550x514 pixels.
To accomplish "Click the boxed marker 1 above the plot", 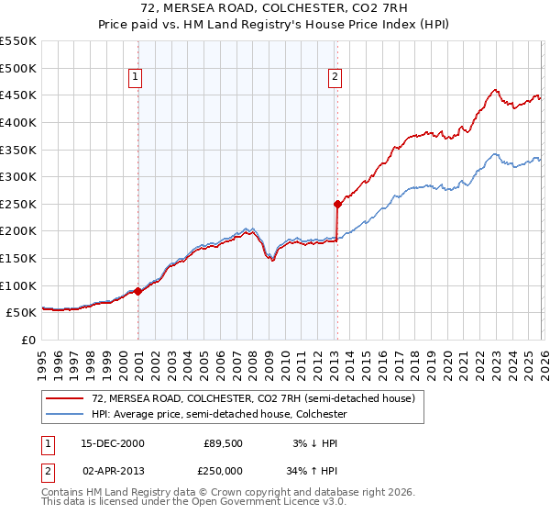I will pyautogui.click(x=135, y=77).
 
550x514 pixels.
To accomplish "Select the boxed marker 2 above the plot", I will pyautogui.click(x=335, y=77).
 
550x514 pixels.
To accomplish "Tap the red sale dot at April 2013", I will pyautogui.click(x=337, y=204).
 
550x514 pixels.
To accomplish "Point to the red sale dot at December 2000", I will pyautogui.click(x=138, y=291).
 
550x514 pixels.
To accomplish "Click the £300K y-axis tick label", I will pyautogui.click(x=18, y=176).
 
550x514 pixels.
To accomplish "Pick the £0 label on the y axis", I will pyautogui.click(x=29, y=340).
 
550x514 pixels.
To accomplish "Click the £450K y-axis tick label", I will pyautogui.click(x=18, y=95).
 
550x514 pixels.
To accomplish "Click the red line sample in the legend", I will pyautogui.click(x=65, y=398).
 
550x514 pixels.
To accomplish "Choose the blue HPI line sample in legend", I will pyautogui.click(x=65, y=414).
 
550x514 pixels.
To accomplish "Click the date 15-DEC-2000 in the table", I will pyautogui.click(x=113, y=443).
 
